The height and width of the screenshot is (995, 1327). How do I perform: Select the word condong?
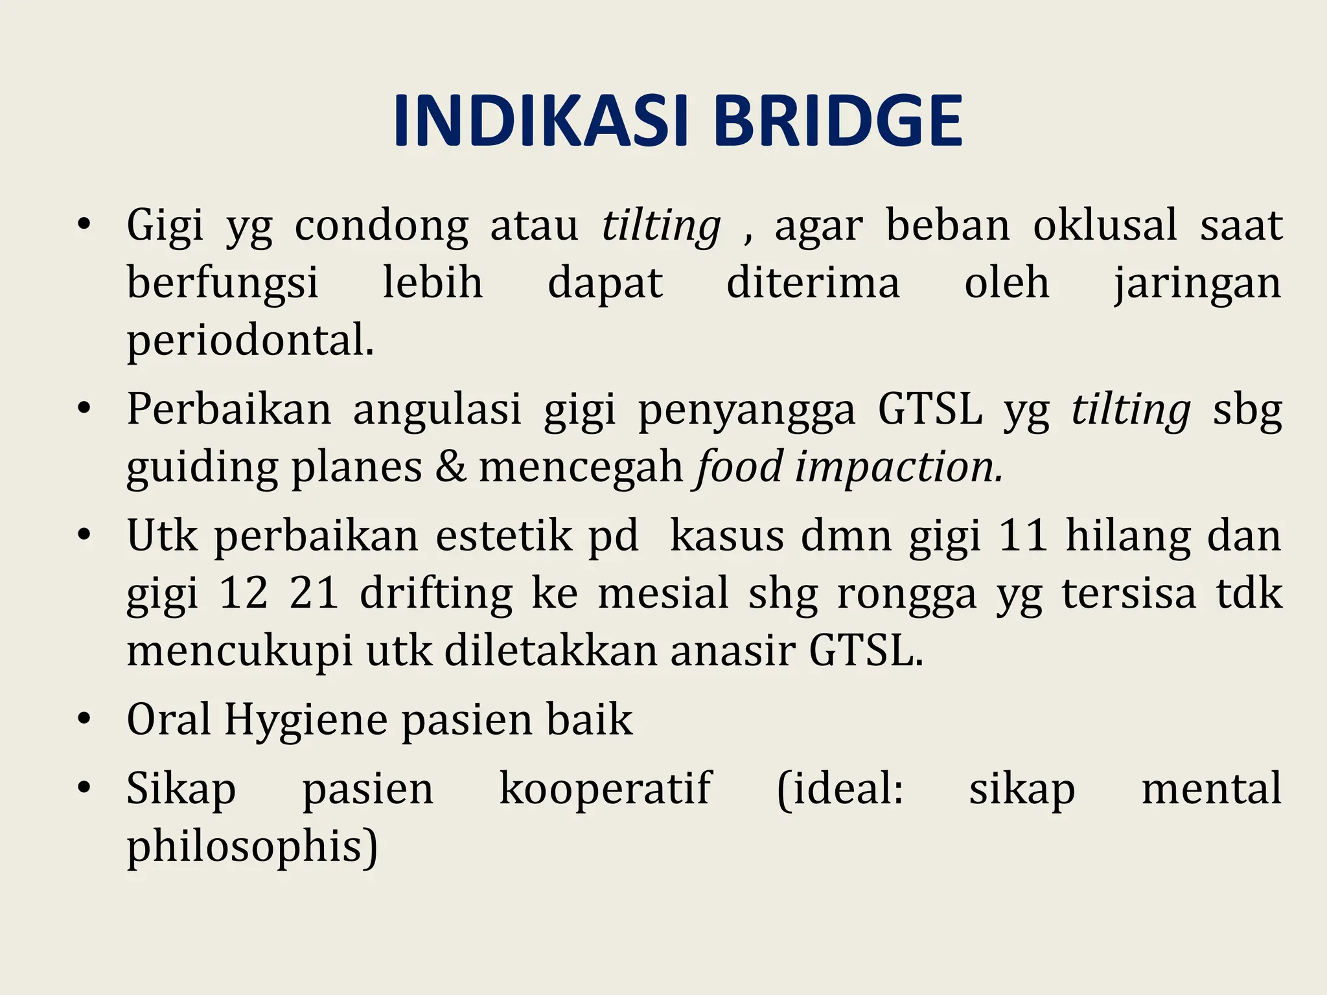tap(381, 227)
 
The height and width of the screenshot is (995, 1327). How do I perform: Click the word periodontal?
tap(249, 341)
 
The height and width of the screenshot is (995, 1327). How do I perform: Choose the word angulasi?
tap(437, 411)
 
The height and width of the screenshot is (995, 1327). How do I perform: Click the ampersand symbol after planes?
tap(450, 466)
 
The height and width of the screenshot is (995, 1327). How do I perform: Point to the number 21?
tap(314, 593)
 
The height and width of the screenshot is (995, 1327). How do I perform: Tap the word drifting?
tap(436, 594)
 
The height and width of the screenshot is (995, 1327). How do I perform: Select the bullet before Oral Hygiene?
tap(83, 720)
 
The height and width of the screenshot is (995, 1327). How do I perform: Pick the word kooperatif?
tap(605, 790)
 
